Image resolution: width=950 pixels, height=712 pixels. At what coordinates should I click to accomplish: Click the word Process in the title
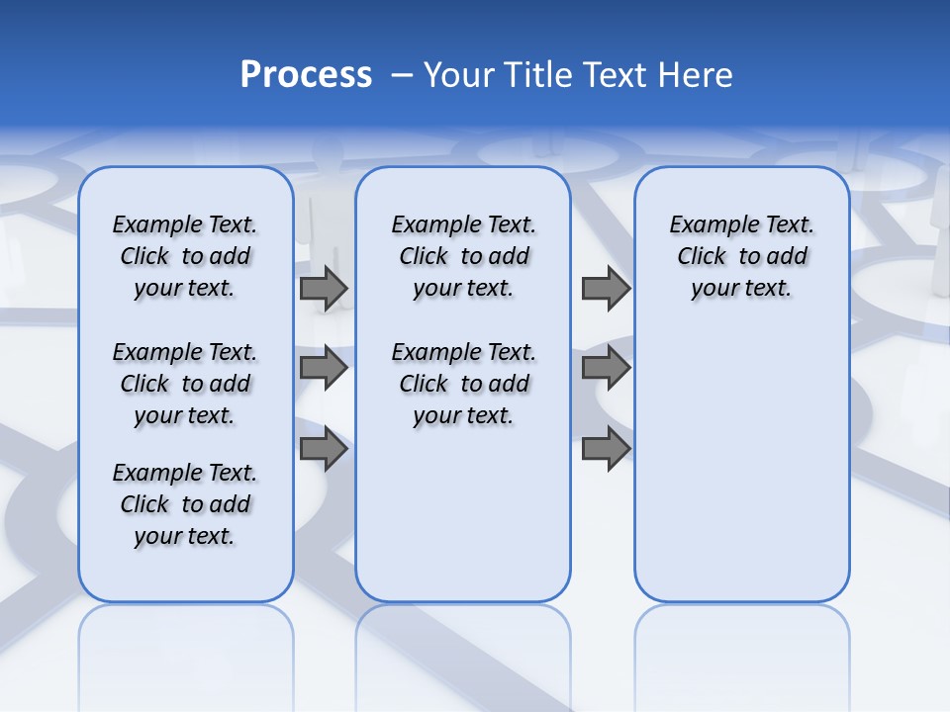306,75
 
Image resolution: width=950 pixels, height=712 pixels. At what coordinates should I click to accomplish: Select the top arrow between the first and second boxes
324,289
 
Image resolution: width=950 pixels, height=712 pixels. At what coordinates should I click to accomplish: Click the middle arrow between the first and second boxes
324,368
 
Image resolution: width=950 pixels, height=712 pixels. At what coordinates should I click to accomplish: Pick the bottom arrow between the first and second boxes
324,450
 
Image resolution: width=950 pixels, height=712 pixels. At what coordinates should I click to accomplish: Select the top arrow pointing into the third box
606,289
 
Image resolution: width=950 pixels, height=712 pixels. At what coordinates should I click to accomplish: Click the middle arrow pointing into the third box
606,368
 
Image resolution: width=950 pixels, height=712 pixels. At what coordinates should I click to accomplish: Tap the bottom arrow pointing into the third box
606,450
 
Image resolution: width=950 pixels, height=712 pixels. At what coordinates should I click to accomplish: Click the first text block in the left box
185,256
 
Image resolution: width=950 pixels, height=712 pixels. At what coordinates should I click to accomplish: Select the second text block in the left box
185,384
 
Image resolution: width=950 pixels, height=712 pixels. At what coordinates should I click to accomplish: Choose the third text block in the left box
185,504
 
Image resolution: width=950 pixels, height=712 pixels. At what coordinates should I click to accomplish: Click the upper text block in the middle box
463,256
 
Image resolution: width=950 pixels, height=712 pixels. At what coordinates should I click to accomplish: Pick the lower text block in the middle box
463,384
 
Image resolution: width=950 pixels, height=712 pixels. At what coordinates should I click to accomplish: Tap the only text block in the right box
742,256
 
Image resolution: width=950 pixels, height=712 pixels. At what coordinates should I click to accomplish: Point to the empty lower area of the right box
742,465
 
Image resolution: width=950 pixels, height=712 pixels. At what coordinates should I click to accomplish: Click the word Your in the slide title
458,75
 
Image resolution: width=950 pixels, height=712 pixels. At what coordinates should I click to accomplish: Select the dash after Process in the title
402,75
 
